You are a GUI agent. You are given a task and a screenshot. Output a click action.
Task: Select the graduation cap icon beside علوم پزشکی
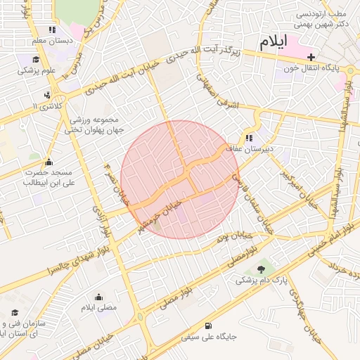[36, 59]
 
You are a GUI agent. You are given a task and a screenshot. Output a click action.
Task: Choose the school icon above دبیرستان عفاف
[249, 138]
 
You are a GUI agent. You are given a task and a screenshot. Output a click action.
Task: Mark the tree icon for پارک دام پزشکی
[263, 268]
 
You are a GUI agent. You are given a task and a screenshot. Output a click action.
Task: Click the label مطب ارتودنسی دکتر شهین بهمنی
[321, 20]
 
